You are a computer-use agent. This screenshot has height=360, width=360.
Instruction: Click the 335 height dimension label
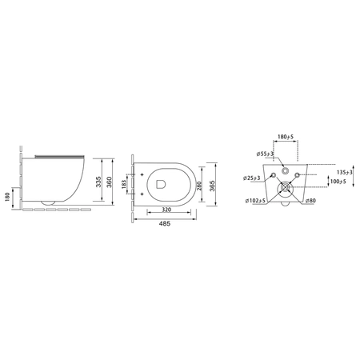point(98,182)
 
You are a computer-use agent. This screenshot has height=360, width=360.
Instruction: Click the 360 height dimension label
point(110,182)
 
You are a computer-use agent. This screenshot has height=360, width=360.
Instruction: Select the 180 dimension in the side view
point(7,197)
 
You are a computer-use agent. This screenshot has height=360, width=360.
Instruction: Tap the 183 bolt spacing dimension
point(124,184)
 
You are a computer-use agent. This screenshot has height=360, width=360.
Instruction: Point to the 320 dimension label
point(166,210)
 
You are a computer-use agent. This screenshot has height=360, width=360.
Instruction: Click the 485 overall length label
point(165,224)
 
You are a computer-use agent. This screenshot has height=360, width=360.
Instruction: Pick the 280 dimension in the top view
point(199,186)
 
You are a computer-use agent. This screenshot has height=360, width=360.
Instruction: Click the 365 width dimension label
point(212,186)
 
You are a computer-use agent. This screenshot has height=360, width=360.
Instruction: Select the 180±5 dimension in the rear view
point(286,137)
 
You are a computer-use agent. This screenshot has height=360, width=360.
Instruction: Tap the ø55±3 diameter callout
point(265,154)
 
